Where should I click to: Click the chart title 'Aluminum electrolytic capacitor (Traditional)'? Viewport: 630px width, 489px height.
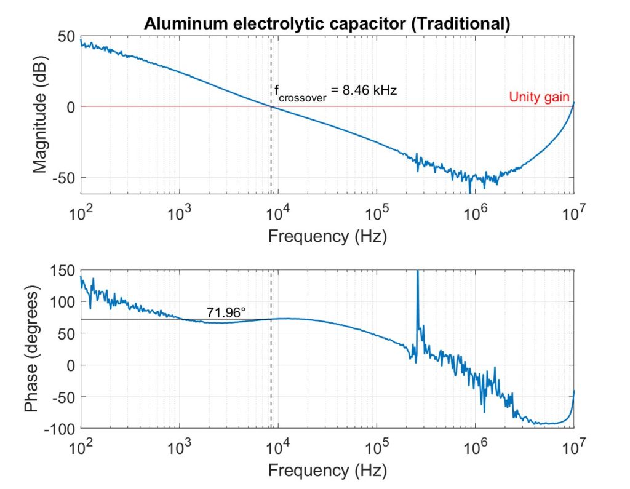tap(327, 24)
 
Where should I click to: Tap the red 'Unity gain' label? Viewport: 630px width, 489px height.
tap(539, 97)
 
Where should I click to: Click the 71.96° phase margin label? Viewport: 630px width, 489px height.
tap(226, 312)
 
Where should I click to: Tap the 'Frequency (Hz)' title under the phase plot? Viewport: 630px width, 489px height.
tap(327, 471)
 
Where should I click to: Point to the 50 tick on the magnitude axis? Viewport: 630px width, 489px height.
tap(66, 36)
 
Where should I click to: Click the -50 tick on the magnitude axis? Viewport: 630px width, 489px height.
tap(62, 178)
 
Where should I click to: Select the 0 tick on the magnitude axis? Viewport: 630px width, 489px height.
tap(70, 107)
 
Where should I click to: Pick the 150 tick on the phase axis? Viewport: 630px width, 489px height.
tap(62, 270)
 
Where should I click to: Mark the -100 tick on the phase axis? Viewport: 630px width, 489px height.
tap(60, 428)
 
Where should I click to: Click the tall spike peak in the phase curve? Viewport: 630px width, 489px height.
tap(418, 272)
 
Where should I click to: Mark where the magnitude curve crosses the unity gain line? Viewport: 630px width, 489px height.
tap(271, 107)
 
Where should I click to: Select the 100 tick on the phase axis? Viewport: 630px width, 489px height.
tap(62, 302)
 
